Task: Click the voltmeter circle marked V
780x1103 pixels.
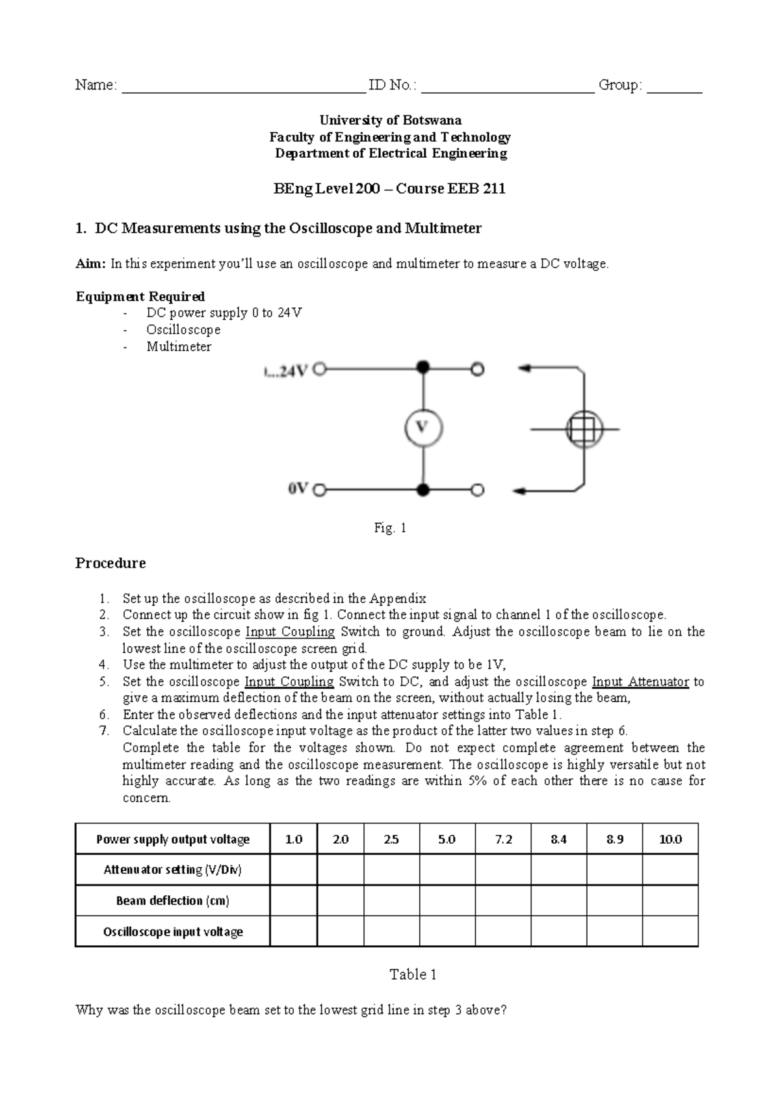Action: click(x=423, y=428)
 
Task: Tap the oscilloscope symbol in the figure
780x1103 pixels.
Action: click(x=584, y=429)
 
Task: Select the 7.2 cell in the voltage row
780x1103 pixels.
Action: click(x=503, y=839)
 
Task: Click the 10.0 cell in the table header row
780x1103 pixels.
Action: click(x=670, y=839)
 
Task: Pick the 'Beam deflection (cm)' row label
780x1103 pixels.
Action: click(x=172, y=900)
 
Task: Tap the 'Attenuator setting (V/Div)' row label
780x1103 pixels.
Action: click(x=172, y=869)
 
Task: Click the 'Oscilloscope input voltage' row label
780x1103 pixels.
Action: click(x=172, y=932)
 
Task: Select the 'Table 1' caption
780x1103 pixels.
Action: click(x=413, y=974)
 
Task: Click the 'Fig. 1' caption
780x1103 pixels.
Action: click(x=390, y=528)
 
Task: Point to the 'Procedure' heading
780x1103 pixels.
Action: click(x=110, y=563)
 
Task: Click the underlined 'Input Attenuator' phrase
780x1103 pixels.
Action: click(x=640, y=681)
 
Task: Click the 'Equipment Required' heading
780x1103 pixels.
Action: click(x=140, y=297)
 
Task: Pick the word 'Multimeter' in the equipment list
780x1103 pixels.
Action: click(x=179, y=347)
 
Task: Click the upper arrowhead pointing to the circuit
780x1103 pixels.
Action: click(x=525, y=368)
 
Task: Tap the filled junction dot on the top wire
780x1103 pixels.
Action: click(x=423, y=368)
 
